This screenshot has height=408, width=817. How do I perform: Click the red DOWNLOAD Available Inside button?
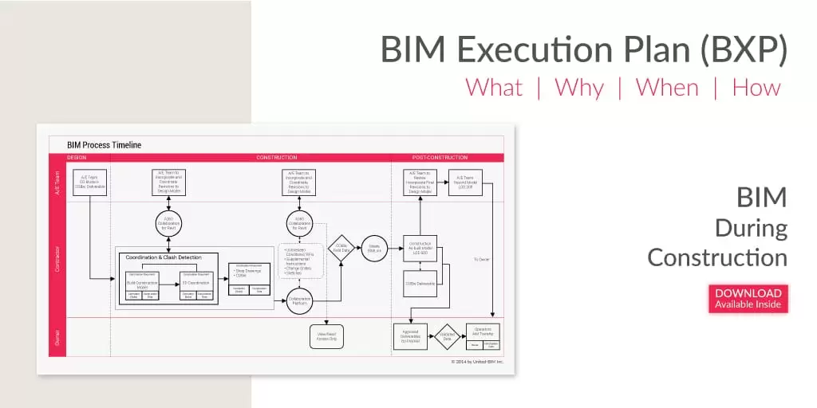click(748, 298)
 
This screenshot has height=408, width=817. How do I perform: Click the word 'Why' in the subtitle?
click(579, 87)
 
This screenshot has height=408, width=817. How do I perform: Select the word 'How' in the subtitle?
click(756, 87)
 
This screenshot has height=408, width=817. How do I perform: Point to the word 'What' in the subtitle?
click(494, 87)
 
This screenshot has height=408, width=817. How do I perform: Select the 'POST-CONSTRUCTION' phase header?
click(440, 158)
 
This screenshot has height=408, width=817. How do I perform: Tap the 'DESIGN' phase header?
click(77, 158)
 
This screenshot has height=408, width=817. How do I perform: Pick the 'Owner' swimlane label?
click(57, 336)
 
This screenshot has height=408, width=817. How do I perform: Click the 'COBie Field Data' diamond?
click(341, 248)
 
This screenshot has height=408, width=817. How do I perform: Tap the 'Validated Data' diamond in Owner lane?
click(447, 337)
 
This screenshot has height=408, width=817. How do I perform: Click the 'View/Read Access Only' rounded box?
click(326, 336)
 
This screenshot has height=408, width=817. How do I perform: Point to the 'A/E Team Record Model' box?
click(465, 182)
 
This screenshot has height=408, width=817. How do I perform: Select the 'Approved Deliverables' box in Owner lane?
click(411, 337)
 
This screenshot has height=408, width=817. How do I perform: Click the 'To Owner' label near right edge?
click(481, 259)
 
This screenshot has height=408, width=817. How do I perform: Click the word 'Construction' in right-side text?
click(717, 257)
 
